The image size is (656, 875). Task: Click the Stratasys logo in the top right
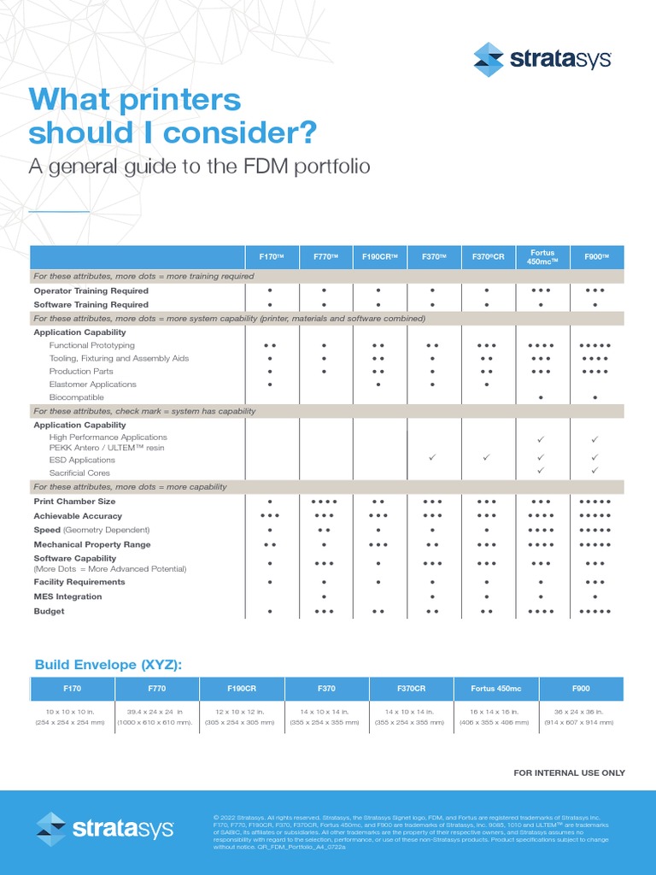tap(542, 59)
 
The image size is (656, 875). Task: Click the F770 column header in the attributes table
tap(325, 256)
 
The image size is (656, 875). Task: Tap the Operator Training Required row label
tap(91, 291)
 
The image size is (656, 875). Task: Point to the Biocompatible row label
tap(77, 397)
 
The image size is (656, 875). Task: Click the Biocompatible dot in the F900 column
tap(595, 398)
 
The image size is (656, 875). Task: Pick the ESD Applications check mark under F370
tap(432, 458)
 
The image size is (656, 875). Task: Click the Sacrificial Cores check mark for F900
tap(595, 471)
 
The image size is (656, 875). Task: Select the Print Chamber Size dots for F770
tap(325, 502)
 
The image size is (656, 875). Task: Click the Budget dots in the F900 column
tap(595, 612)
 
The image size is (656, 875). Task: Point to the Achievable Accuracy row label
tap(78, 516)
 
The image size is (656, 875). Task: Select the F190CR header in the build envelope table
tap(242, 688)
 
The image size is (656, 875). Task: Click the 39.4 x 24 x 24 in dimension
tap(156, 711)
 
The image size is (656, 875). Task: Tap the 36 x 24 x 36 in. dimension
tap(580, 711)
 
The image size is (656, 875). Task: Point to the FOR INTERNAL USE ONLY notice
tap(569, 772)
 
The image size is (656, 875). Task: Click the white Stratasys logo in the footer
tap(105, 829)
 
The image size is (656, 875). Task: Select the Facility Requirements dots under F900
tap(595, 582)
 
